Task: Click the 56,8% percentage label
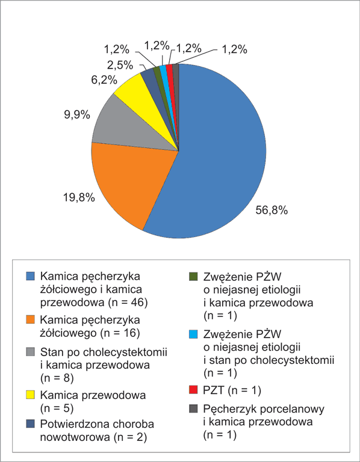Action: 272,211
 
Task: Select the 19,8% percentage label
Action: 79,197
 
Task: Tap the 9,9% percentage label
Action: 77,115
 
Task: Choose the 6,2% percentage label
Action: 104,80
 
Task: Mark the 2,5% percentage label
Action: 120,66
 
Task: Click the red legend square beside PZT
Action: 193,390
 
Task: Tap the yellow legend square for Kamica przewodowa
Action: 30,395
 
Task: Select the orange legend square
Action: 30,319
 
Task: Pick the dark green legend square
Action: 193,276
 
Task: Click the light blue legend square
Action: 193,334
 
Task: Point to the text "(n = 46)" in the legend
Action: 128,303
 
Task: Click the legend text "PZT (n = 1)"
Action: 232,390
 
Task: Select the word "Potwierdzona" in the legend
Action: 74,424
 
